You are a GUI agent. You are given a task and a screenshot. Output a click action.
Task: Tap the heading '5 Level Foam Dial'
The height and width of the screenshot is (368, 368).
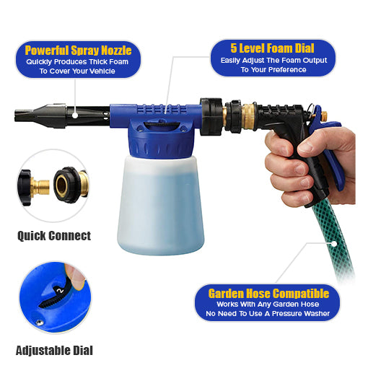click(x=272, y=48)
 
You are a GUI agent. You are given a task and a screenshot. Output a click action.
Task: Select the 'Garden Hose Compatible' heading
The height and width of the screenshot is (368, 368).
click(x=268, y=294)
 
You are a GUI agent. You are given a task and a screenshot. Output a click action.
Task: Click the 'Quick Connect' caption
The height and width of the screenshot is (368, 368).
click(x=54, y=235)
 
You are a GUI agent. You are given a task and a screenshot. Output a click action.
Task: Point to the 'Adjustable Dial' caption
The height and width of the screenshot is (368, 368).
click(x=54, y=351)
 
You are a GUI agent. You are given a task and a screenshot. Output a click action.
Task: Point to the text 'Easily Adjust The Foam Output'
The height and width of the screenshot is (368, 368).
click(x=272, y=61)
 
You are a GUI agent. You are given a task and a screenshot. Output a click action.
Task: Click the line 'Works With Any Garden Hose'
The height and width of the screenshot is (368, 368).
click(x=268, y=305)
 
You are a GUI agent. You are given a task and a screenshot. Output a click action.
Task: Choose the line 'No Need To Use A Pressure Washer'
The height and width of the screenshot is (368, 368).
click(x=268, y=315)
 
